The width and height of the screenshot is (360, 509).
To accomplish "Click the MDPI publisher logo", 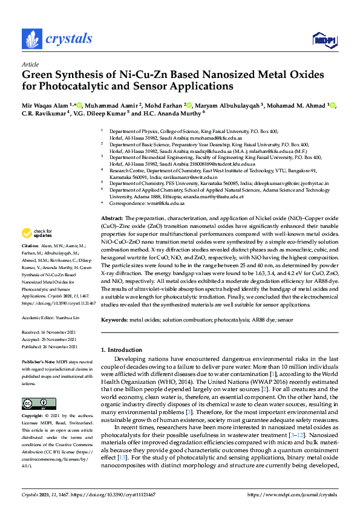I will tap(324, 40).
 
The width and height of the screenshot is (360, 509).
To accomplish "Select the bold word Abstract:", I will tap(112, 217).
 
